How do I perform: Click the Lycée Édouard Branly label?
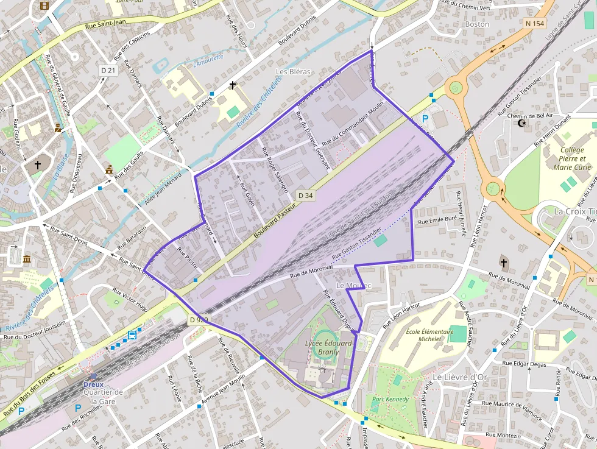pyautogui.click(x=328, y=347)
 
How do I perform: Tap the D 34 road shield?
pyautogui.click(x=306, y=196)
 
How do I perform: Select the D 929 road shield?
pyautogui.click(x=199, y=319)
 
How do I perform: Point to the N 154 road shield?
pyautogui.click(x=534, y=24)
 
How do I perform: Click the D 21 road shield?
pyautogui.click(x=108, y=71)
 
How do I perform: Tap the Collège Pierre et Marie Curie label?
pyautogui.click(x=572, y=158)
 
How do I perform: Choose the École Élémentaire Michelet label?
pyautogui.click(x=429, y=336)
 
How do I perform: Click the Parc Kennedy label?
pyautogui.click(x=390, y=400)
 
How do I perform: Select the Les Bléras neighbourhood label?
pyautogui.click(x=293, y=71)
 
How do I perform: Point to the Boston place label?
pyautogui.click(x=476, y=24)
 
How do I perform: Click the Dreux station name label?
pyautogui.click(x=93, y=384)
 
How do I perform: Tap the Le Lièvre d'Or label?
pyautogui.click(x=461, y=377)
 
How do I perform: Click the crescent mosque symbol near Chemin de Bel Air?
pyautogui.click(x=521, y=123)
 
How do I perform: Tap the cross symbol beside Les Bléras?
pyautogui.click(x=232, y=85)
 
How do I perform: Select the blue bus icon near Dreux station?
pyautogui.click(x=132, y=335)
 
